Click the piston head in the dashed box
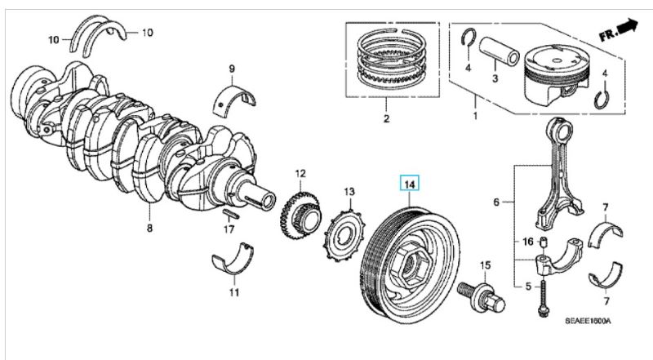[557, 74]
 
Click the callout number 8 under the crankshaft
[149, 228]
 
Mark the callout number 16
[526, 242]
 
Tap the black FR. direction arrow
[628, 29]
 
